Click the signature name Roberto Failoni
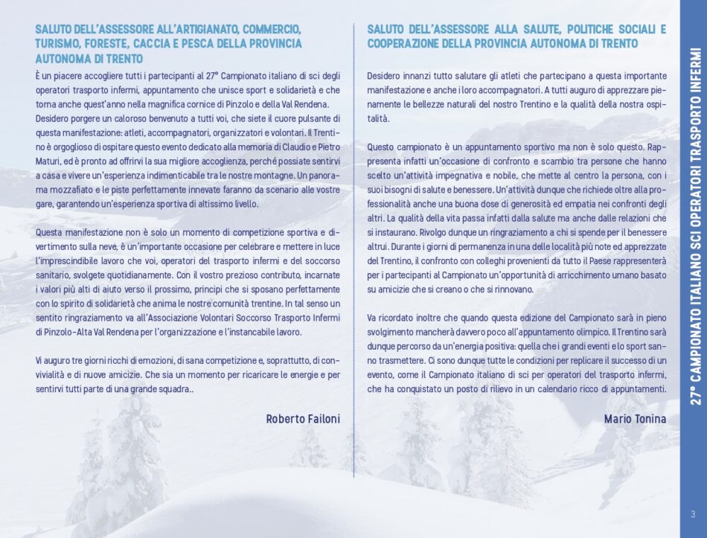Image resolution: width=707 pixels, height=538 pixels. coord(302,419)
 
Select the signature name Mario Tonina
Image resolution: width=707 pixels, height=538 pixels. coord(635,419)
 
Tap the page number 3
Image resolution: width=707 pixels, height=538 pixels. coord(693,513)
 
